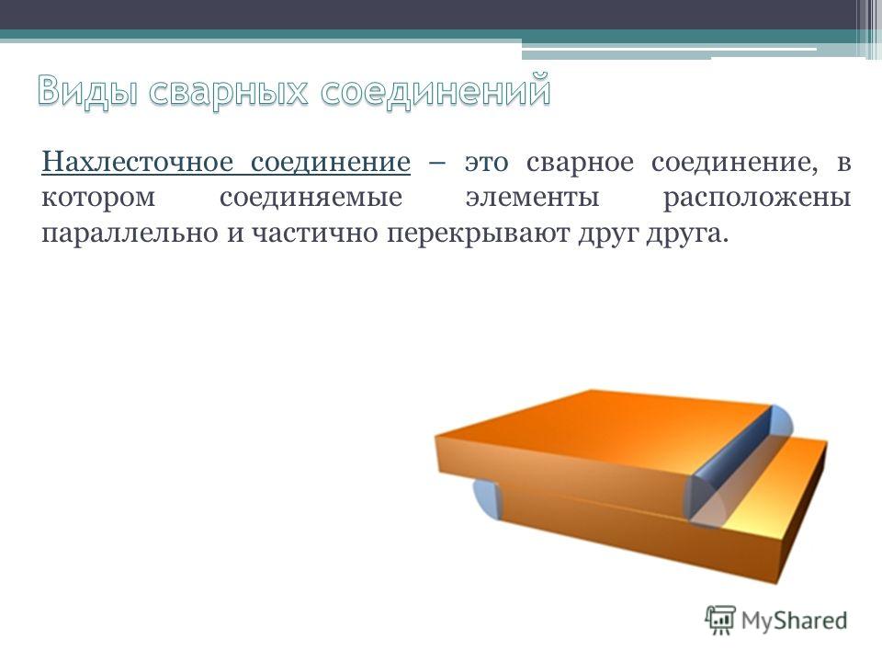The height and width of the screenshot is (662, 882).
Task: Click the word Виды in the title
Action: click(87, 91)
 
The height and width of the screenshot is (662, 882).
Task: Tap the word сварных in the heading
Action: click(229, 91)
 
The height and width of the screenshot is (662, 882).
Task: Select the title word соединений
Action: click(435, 89)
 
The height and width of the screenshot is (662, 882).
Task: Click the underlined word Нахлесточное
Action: click(137, 162)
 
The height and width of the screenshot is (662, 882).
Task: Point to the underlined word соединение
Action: click(331, 162)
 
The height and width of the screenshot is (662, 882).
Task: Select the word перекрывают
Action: click(478, 234)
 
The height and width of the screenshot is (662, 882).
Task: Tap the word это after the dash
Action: click(487, 163)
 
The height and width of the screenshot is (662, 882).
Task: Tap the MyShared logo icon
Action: click(720, 621)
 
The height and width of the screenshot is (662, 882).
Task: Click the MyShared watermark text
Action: click(794, 621)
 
